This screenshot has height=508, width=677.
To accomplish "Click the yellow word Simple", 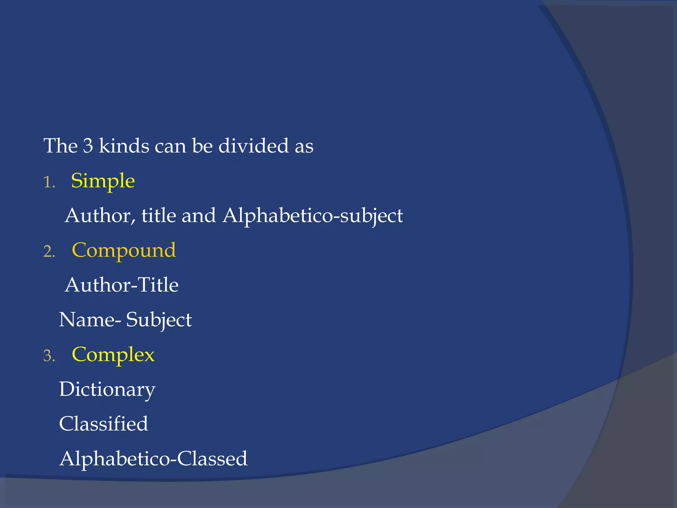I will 103,181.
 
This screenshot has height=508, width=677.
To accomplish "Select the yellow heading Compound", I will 124,250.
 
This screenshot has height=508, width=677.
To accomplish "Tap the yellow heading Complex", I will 113,355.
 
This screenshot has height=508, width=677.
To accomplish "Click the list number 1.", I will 49,182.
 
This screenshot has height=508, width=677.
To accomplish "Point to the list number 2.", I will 49,252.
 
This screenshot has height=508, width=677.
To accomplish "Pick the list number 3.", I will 49,356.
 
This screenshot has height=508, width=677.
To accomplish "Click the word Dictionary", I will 107,390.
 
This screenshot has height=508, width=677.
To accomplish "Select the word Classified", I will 103,424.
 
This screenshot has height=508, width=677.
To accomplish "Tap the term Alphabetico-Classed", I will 153,459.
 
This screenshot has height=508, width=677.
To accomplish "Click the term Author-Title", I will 122,285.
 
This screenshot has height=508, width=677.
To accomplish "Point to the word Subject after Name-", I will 159,320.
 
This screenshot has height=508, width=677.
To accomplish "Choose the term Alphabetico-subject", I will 313,216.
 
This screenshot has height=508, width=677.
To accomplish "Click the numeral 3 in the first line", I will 88,146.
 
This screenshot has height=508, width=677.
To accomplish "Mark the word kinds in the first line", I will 124,146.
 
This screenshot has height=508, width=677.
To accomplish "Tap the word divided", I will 254,146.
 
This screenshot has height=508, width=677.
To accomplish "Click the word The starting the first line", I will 60,146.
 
